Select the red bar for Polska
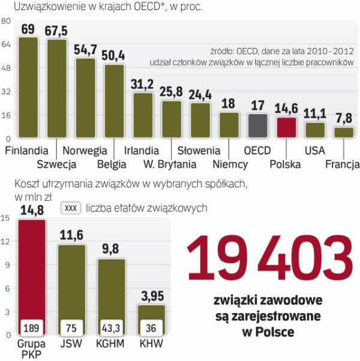(287, 128)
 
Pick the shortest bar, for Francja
(344, 133)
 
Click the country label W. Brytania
(170, 164)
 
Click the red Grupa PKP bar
(32, 276)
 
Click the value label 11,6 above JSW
(71, 236)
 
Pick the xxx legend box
(71, 208)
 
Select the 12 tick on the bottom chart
(6, 242)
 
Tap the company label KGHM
(110, 345)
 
